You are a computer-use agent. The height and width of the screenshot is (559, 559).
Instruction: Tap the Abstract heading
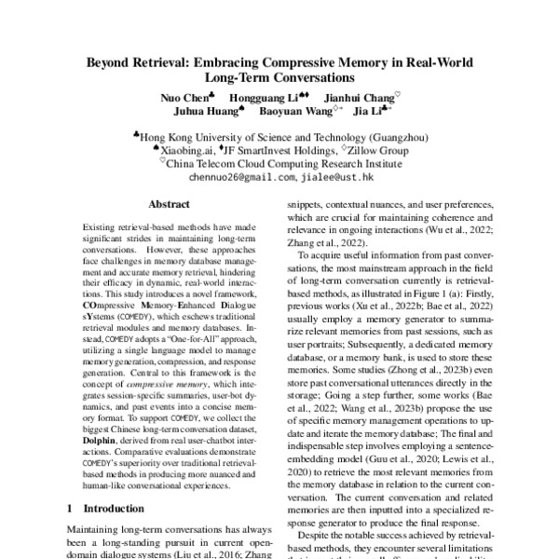[170, 204]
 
